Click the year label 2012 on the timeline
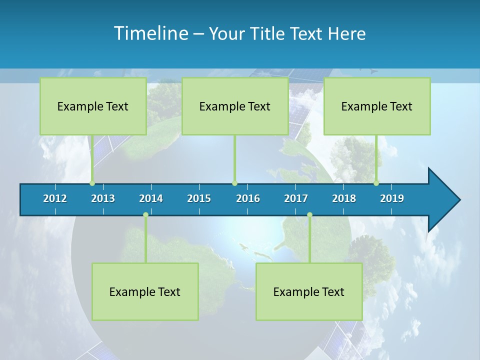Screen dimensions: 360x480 (x=55, y=198)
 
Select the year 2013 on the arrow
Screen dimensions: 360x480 (x=103, y=198)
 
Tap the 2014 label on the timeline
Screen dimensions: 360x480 (x=151, y=198)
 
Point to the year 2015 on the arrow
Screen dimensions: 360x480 (x=199, y=198)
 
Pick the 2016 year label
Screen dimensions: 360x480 (x=248, y=198)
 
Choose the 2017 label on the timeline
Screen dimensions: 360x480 (x=296, y=198)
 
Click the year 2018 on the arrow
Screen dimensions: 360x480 (x=344, y=198)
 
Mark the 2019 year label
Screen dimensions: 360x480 (x=392, y=198)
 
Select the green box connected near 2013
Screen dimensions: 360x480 (x=93, y=106)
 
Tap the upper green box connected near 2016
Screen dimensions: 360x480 (x=235, y=106)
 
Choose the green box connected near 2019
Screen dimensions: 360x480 (x=377, y=106)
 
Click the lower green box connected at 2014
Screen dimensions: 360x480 (x=145, y=291)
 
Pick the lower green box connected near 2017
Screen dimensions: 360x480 (x=309, y=291)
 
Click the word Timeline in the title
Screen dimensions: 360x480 (x=150, y=33)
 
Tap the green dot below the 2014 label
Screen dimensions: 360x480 (x=145, y=215)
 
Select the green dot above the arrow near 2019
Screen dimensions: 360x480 (x=376, y=183)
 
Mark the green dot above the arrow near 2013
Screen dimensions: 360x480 (x=92, y=183)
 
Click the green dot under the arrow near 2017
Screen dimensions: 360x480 (x=309, y=215)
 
